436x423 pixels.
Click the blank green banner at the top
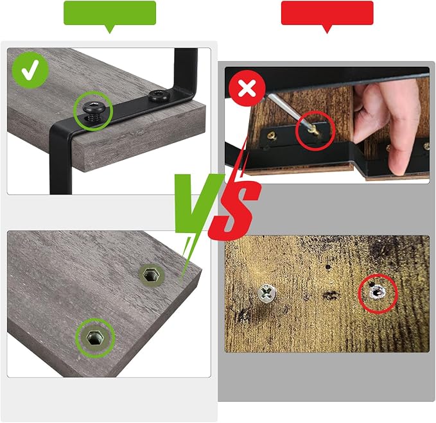tap(110, 13)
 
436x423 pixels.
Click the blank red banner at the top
tap(327, 13)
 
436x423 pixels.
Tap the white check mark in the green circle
tap(30, 71)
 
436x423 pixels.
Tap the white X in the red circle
tap(247, 89)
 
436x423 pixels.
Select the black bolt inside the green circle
tap(93, 110)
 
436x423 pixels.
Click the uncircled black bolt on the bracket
tap(159, 96)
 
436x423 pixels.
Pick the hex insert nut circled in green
tap(95, 338)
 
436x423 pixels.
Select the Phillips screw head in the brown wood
tap(266, 293)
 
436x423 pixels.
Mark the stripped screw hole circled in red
tap(377, 292)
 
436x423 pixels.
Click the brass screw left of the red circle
tap(272, 136)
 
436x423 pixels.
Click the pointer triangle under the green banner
tap(110, 29)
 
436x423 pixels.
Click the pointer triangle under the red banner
tap(327, 29)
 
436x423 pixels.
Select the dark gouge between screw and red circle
tap(330, 295)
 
